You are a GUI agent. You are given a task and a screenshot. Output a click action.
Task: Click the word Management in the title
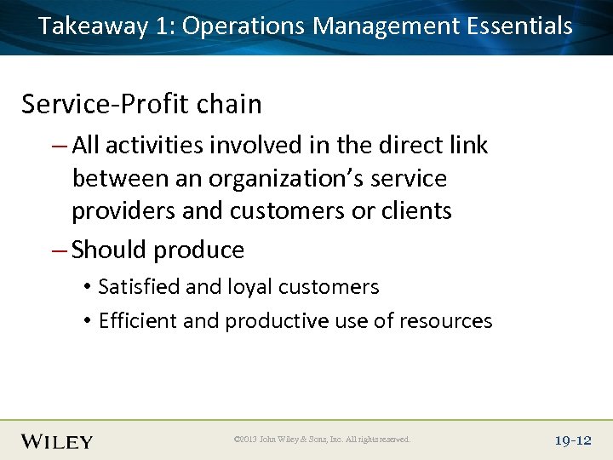point(387,26)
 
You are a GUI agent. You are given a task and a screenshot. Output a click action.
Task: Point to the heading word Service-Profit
point(105,104)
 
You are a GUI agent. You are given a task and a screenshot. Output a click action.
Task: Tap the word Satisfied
point(140,287)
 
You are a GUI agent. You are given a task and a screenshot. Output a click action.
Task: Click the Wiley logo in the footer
point(57,440)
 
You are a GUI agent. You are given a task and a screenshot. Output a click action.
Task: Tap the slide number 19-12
point(572,440)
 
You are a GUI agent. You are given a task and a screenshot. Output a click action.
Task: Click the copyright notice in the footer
point(322,440)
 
